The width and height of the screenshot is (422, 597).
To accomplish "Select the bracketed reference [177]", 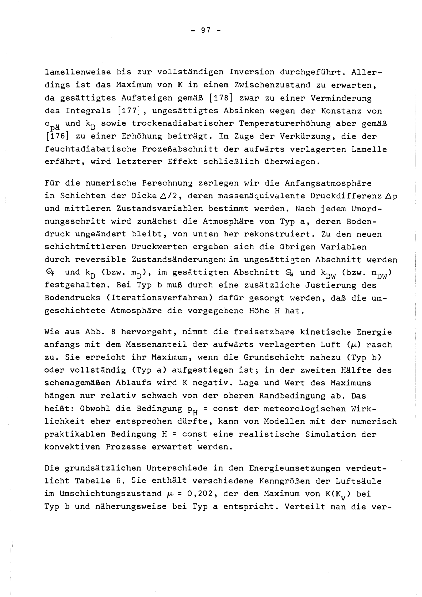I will tap(129, 111).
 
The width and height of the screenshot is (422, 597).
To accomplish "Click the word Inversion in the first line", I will tap(252, 72).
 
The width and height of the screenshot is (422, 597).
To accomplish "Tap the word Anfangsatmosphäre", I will tap(328, 183).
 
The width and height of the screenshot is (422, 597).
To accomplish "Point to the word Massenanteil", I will tap(156, 345).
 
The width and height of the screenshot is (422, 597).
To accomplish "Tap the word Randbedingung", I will tap(292, 396).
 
